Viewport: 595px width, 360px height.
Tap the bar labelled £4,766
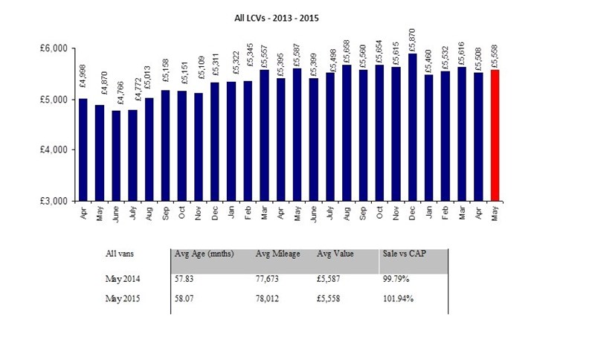[115, 155]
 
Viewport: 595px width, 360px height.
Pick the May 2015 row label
[123, 299]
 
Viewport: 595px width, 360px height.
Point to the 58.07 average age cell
[184, 299]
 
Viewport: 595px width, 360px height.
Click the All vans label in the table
[120, 254]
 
